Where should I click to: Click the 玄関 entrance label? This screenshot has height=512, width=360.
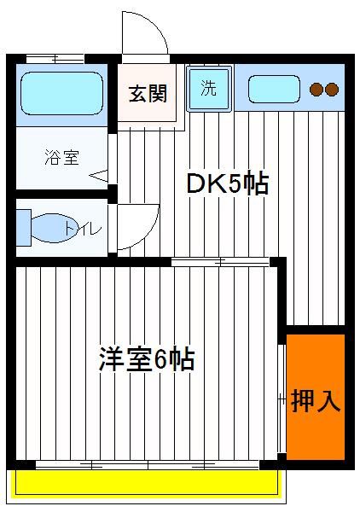click(x=148, y=94)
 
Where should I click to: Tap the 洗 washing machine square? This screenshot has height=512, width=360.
click(x=210, y=88)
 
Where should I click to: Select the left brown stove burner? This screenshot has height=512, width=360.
click(x=316, y=89)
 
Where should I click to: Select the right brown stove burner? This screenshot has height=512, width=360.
click(x=332, y=89)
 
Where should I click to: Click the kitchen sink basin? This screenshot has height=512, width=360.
click(x=274, y=89)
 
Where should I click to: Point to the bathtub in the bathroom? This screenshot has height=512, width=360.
click(x=62, y=93)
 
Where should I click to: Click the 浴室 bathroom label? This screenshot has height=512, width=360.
click(x=62, y=157)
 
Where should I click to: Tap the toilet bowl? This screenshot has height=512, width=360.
click(x=54, y=228)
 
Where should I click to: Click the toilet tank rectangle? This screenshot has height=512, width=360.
click(x=24, y=228)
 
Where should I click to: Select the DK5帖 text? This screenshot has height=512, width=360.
click(x=228, y=183)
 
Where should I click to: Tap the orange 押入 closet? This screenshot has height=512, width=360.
click(x=316, y=397)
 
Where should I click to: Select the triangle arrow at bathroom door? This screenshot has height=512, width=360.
click(x=99, y=176)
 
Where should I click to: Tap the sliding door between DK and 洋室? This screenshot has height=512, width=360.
click(x=221, y=262)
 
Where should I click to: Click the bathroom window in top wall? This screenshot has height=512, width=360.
click(x=55, y=59)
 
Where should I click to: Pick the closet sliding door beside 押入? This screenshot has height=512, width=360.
click(x=282, y=398)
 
